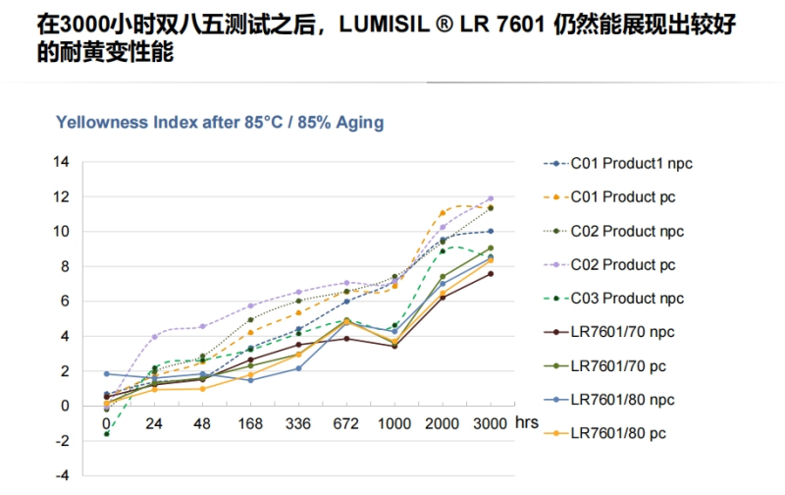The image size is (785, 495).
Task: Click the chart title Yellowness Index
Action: click(220, 123)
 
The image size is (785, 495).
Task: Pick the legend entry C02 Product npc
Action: click(627, 232)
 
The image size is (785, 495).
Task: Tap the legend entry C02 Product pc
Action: click(623, 266)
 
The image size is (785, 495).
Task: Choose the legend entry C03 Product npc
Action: click(627, 300)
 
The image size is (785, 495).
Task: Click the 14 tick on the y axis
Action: click(62, 162)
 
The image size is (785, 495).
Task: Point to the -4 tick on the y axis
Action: click(62, 475)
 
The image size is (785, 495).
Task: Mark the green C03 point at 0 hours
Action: click(106, 433)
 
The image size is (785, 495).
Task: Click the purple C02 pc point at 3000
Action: click(490, 198)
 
